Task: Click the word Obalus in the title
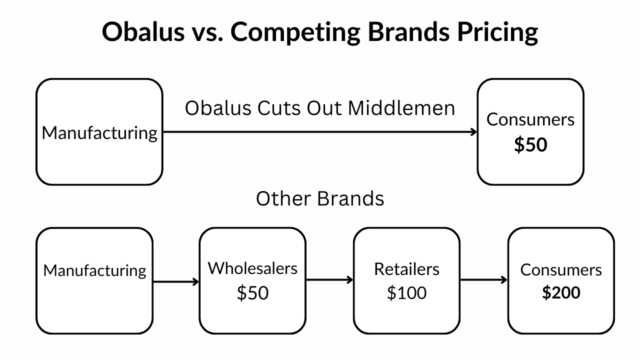143,31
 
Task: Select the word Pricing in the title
497,32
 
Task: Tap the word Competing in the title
295,32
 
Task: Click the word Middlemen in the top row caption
401,108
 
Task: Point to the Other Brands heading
320,198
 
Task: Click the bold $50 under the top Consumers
530,144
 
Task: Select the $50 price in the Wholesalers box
252,292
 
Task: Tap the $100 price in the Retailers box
406,292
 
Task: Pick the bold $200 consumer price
561,292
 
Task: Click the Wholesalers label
252,268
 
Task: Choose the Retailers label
406,269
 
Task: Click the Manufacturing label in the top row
99,133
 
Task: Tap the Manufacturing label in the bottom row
94,270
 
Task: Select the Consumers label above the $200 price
561,269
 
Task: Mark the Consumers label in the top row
530,119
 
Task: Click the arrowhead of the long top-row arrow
475,132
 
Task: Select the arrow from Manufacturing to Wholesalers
175,282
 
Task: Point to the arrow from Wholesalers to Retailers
329,279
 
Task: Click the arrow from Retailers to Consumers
484,279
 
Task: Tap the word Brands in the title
409,31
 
